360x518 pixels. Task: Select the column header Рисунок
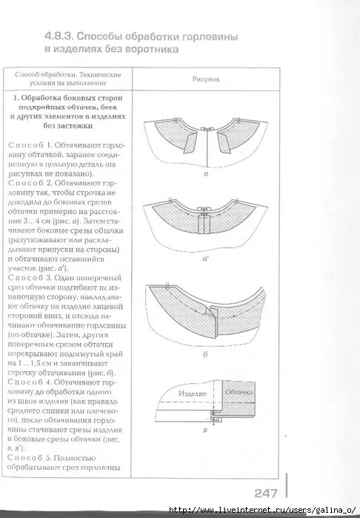205,78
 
